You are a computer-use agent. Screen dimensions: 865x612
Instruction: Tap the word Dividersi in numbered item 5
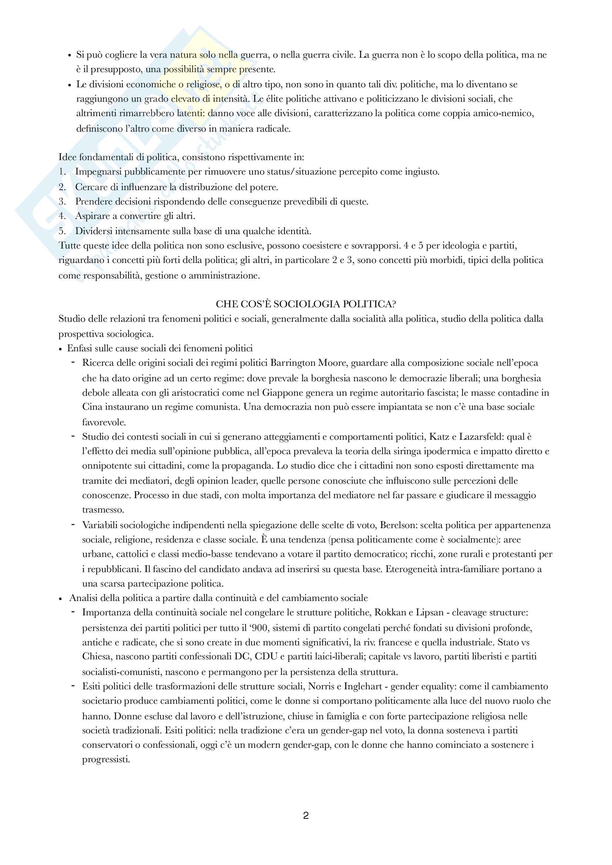point(93,231)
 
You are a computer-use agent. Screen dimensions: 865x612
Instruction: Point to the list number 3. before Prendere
point(63,202)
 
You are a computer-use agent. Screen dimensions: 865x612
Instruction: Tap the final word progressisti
point(106,760)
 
